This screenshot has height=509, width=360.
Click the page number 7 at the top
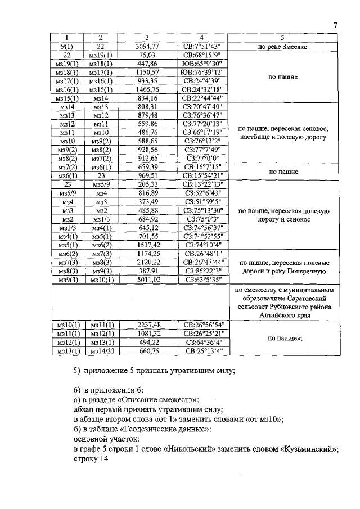[335, 25]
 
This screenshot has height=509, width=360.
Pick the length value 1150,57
[146, 73]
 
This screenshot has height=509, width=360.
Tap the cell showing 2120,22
[146, 260]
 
